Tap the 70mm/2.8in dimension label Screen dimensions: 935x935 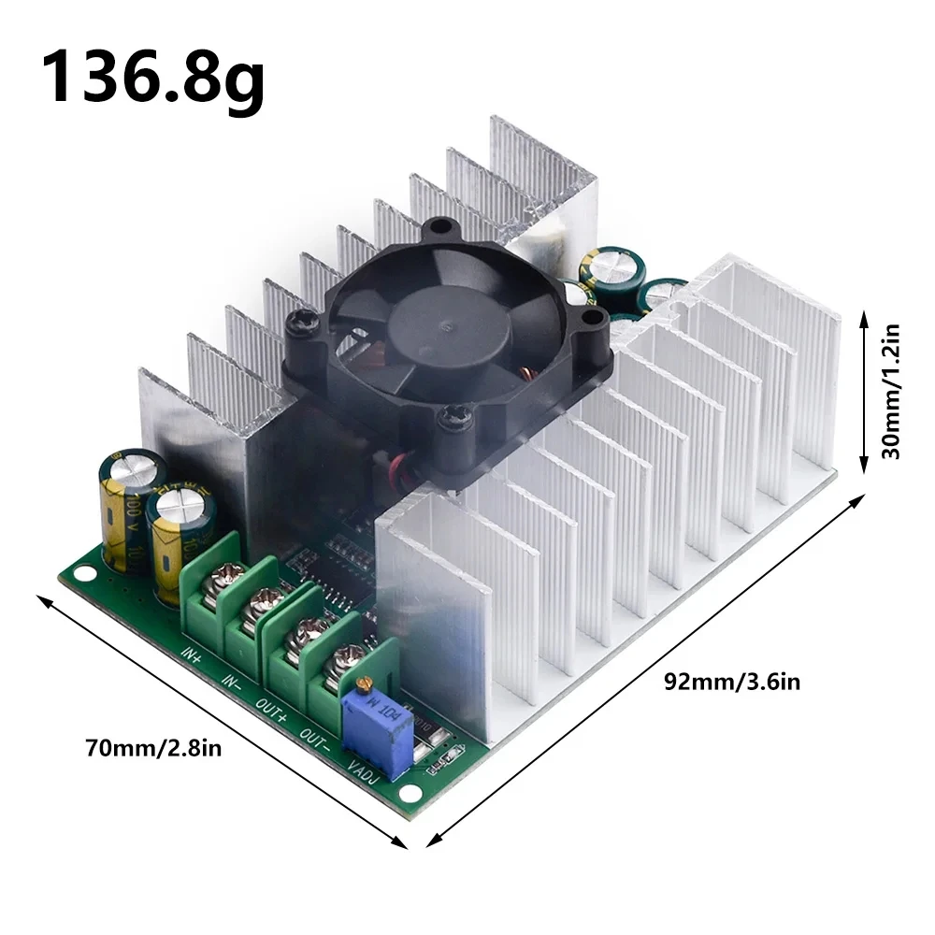152,749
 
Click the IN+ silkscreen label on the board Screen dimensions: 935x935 191,651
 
